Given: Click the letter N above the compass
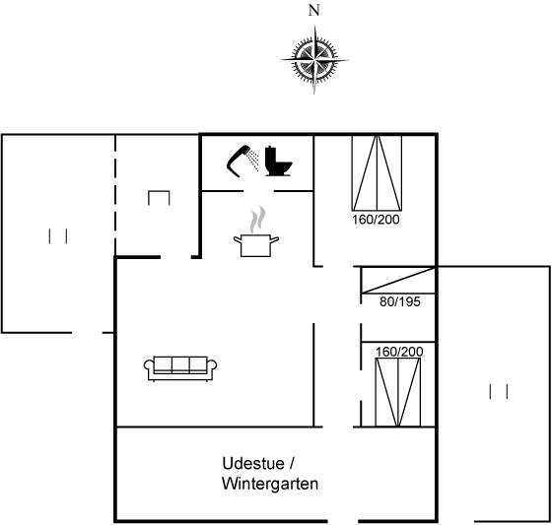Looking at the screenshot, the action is pyautogui.click(x=314, y=11).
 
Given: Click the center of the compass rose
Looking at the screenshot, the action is pyautogui.click(x=314, y=60).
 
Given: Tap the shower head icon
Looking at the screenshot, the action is pyautogui.click(x=239, y=161).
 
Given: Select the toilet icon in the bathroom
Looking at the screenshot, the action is pyautogui.click(x=278, y=162).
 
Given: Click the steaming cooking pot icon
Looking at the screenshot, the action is pyautogui.click(x=256, y=245).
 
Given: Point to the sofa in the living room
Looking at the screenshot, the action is pyautogui.click(x=180, y=368).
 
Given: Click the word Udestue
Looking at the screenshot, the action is pyautogui.click(x=253, y=463).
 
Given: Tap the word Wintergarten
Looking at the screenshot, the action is pyautogui.click(x=270, y=484).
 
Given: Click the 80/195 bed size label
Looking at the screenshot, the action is pyautogui.click(x=400, y=302).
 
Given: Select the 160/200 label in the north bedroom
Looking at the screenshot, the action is pyautogui.click(x=376, y=220).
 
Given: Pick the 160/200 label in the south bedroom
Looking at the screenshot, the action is pyautogui.click(x=399, y=352).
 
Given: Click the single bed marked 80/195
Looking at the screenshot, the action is pyautogui.click(x=398, y=281).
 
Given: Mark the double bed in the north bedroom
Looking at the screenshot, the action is pyautogui.click(x=377, y=173).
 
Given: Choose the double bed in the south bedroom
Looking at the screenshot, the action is pyautogui.click(x=398, y=392).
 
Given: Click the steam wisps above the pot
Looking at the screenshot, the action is pyautogui.click(x=257, y=220).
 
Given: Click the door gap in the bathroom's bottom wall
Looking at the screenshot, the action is pyautogui.click(x=258, y=191).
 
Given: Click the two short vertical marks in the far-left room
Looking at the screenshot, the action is pyautogui.click(x=58, y=236).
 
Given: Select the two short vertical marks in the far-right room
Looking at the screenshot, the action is pyautogui.click(x=499, y=391).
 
